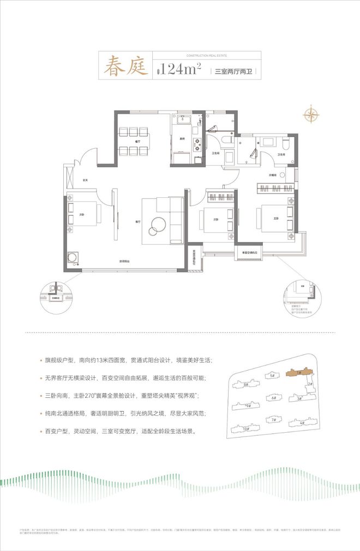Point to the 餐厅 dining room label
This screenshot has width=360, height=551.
tap(136, 141)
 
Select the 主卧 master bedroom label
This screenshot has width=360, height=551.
tap(269, 219)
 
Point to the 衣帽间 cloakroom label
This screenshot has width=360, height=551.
tap(272, 175)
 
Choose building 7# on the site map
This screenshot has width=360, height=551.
tap(273, 420)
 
